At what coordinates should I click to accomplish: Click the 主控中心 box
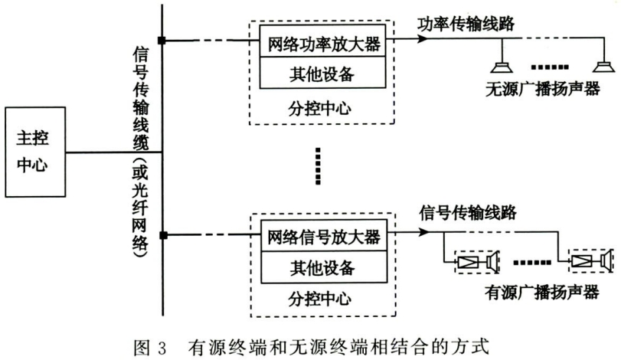(x=35, y=152)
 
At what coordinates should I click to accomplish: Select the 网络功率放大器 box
(x=322, y=41)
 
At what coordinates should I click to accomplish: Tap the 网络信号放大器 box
(x=324, y=235)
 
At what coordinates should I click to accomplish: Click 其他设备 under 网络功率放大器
(x=322, y=73)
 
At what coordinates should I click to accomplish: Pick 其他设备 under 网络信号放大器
(x=324, y=267)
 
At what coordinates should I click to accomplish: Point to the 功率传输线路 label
(x=466, y=24)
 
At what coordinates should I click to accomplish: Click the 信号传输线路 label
(x=468, y=213)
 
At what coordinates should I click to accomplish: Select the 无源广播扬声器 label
(x=543, y=89)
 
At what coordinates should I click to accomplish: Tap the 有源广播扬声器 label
(x=542, y=293)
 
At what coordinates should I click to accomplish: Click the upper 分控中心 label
(x=320, y=108)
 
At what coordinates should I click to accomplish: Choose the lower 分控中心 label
(x=320, y=299)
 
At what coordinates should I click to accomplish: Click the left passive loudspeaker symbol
(x=502, y=67)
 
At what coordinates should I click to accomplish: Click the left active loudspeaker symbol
(x=476, y=262)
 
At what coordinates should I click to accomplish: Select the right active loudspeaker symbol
(x=591, y=260)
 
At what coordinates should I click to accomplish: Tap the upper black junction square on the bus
(x=162, y=41)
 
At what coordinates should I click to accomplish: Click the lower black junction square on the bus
(x=164, y=236)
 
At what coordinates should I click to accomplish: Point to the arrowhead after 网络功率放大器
(x=423, y=39)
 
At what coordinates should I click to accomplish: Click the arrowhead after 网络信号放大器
(x=424, y=232)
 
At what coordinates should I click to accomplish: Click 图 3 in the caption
(x=150, y=347)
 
